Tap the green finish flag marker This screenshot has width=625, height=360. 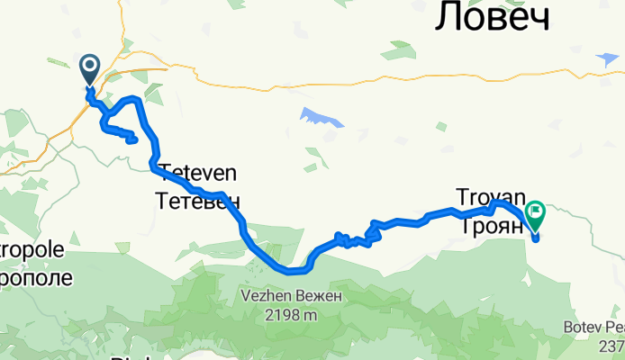click(x=535, y=213)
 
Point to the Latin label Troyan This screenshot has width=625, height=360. click(x=489, y=196)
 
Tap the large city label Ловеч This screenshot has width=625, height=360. click(x=493, y=18)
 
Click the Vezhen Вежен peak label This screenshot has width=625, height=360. click(x=279, y=296)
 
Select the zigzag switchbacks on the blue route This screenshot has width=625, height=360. click(x=356, y=239)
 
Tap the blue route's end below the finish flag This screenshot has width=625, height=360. click(x=536, y=238)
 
